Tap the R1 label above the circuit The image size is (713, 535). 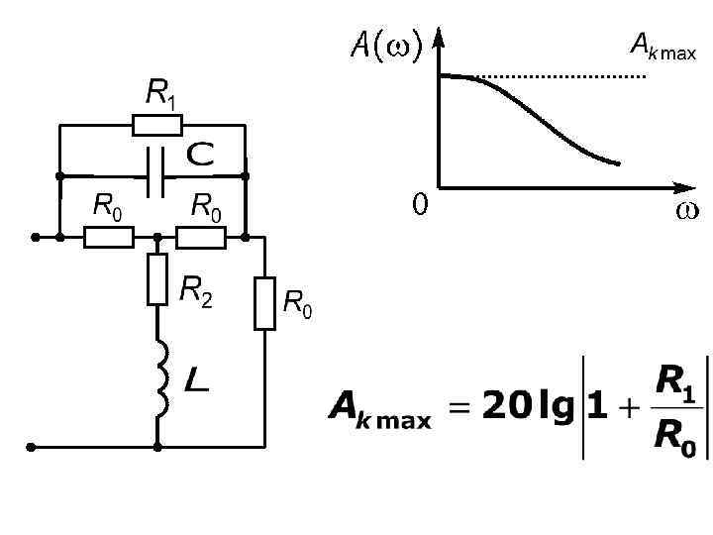click(x=162, y=94)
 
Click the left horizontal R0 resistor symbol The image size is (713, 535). click(x=109, y=238)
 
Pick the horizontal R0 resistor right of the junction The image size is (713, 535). click(x=201, y=238)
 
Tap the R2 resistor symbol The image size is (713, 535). click(x=157, y=279)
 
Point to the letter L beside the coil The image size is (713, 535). click(x=197, y=377)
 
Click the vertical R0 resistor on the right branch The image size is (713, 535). click(x=264, y=303)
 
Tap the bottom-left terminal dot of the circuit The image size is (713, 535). click(x=34, y=447)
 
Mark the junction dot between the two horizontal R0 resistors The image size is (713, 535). click(x=157, y=238)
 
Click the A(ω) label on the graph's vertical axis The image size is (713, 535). click(x=386, y=44)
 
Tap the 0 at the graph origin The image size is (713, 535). click(x=420, y=204)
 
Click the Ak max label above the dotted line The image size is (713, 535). click(x=662, y=46)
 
